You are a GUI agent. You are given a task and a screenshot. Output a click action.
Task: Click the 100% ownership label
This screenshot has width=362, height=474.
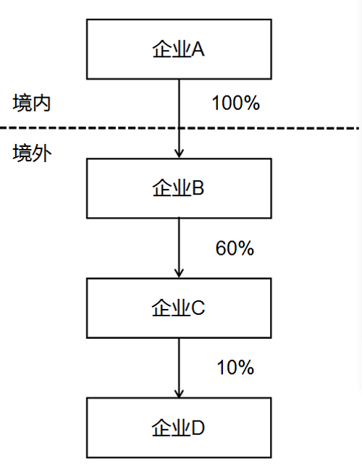point(236,103)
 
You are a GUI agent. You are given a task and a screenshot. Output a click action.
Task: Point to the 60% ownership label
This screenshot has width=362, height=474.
point(235,248)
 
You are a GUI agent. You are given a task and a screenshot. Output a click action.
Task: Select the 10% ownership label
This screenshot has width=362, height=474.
point(235,368)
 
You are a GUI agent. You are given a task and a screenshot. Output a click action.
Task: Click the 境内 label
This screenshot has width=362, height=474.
point(32,103)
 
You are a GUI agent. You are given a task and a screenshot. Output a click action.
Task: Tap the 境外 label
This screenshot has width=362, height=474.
point(32,153)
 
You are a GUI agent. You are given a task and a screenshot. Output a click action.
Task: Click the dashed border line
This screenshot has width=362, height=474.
point(180,128)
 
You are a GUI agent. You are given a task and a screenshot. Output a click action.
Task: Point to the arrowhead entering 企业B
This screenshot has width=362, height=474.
point(179,153)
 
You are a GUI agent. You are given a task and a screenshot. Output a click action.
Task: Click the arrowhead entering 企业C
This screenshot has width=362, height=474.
point(179,273)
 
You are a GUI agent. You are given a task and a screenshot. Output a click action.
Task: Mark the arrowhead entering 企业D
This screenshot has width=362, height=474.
point(179,393)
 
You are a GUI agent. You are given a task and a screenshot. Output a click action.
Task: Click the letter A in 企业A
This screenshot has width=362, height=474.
point(198,49)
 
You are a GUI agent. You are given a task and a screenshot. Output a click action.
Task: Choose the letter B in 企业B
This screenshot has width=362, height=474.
point(198,187)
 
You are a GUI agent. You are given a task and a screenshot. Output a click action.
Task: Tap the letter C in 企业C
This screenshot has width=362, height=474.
point(198,308)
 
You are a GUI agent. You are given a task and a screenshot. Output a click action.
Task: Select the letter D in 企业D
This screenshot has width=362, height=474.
point(198,428)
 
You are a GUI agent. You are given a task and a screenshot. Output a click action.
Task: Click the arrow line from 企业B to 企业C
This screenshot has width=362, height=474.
point(179,248)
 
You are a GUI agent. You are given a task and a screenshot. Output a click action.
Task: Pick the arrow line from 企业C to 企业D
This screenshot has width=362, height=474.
point(179,368)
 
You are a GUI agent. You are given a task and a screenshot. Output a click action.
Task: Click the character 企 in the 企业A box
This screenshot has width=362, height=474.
point(162,49)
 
